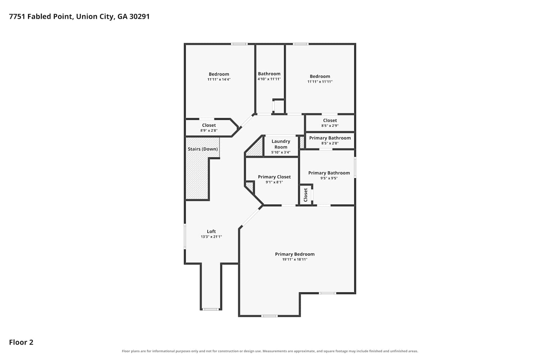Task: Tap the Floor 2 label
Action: pyautogui.click(x=21, y=342)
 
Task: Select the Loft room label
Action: pyautogui.click(x=211, y=231)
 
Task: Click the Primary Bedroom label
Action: pyautogui.click(x=295, y=254)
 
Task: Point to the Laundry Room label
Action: pyautogui.click(x=281, y=144)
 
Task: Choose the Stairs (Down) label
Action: pyautogui.click(x=203, y=149)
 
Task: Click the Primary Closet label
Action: pyautogui.click(x=274, y=177)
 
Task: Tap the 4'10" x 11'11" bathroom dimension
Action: pyautogui.click(x=269, y=79)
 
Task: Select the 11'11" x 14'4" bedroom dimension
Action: pyautogui.click(x=219, y=79)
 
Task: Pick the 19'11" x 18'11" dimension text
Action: pyautogui.click(x=295, y=260)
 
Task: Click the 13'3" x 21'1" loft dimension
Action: pyautogui.click(x=211, y=237)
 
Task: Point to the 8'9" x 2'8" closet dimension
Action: pyautogui.click(x=209, y=130)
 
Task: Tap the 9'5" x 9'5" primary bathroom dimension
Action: pyautogui.click(x=329, y=178)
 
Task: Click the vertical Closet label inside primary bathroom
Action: pyautogui.click(x=306, y=195)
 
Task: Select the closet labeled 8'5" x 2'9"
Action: pyautogui.click(x=330, y=123)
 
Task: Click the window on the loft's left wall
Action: pyautogui.click(x=185, y=236)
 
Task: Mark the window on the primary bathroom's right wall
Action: pyautogui.click(x=355, y=167)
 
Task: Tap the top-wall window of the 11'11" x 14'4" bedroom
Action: pyautogui.click(x=239, y=44)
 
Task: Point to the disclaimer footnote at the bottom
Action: pyautogui.click(x=270, y=351)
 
